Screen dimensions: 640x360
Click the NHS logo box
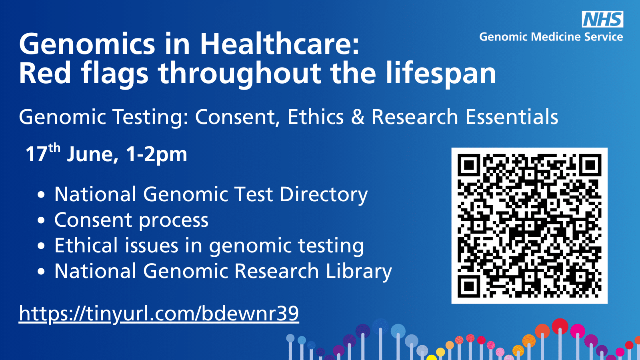tap(602, 20)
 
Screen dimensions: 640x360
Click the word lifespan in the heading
tap(440, 74)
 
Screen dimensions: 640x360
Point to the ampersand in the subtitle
tap(358, 117)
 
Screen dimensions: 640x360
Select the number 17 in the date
tap(36, 154)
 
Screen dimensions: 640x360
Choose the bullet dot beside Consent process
tap(41, 220)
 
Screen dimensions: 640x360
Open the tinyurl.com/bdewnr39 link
tap(159, 314)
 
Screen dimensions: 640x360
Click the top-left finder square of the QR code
tap(469, 165)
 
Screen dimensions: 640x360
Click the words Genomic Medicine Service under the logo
tap(551, 37)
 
